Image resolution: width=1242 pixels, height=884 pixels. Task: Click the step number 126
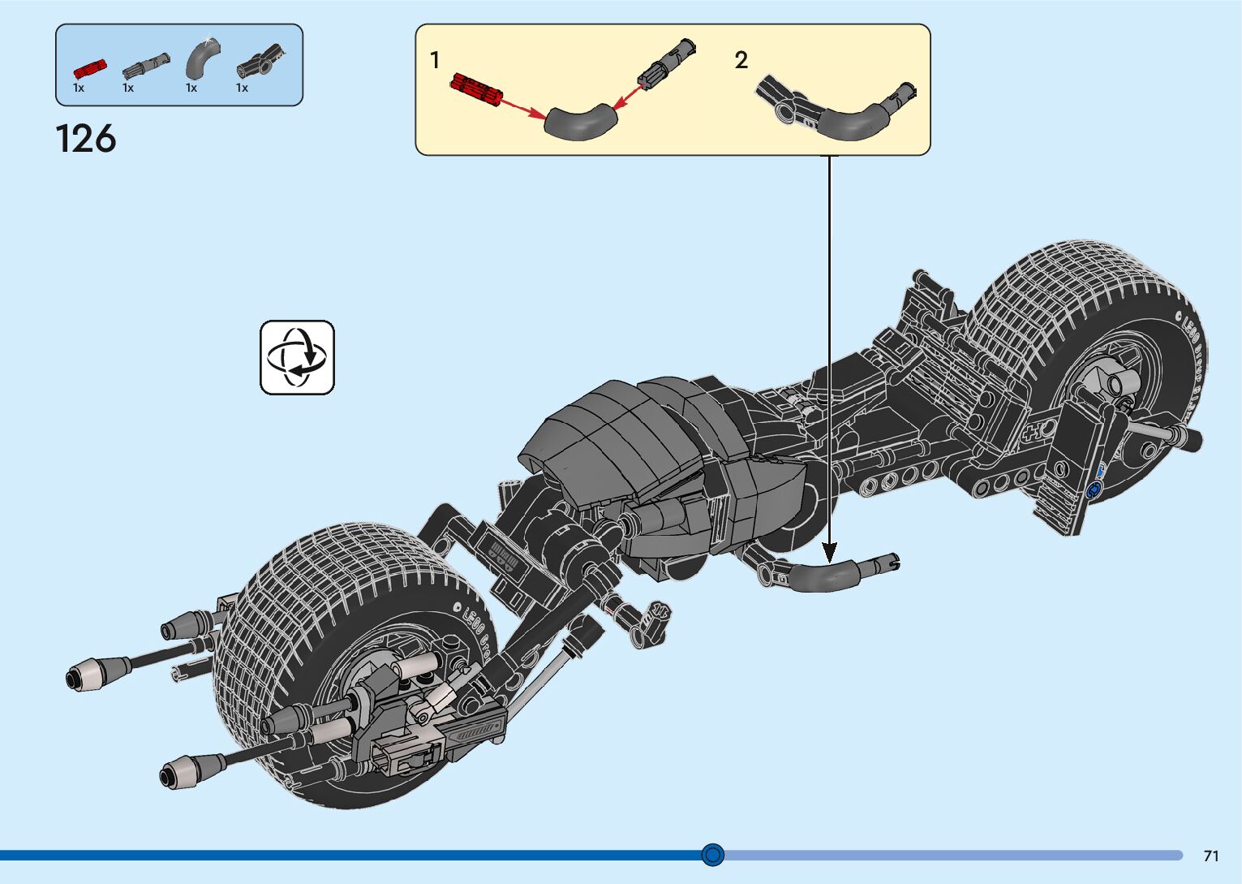(86, 139)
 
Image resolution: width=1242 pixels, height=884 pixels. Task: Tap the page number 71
(1211, 856)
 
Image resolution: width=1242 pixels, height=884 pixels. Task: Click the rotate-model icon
(297, 357)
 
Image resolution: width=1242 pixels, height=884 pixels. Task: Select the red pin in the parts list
(90, 68)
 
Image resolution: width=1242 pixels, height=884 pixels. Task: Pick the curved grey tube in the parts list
(199, 58)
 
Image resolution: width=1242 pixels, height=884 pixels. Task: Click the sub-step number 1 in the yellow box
(435, 61)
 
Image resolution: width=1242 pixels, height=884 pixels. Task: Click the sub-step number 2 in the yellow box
(741, 61)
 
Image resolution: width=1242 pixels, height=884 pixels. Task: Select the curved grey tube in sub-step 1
(580, 123)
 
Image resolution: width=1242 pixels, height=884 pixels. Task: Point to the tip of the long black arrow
(829, 560)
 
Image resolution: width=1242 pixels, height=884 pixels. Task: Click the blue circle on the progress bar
(713, 854)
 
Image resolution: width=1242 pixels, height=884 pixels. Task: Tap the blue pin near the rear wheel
(1092, 489)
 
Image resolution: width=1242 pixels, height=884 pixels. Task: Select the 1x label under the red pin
(79, 88)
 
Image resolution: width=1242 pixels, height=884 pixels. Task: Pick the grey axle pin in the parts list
(146, 63)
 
